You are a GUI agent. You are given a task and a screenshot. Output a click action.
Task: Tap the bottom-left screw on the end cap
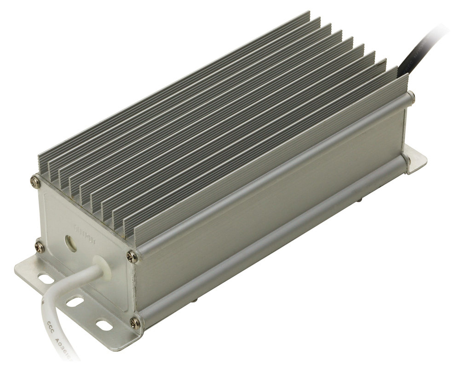pyautogui.click(x=40, y=247)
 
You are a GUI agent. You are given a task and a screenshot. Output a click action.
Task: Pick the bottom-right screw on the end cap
pyautogui.click(x=135, y=322)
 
